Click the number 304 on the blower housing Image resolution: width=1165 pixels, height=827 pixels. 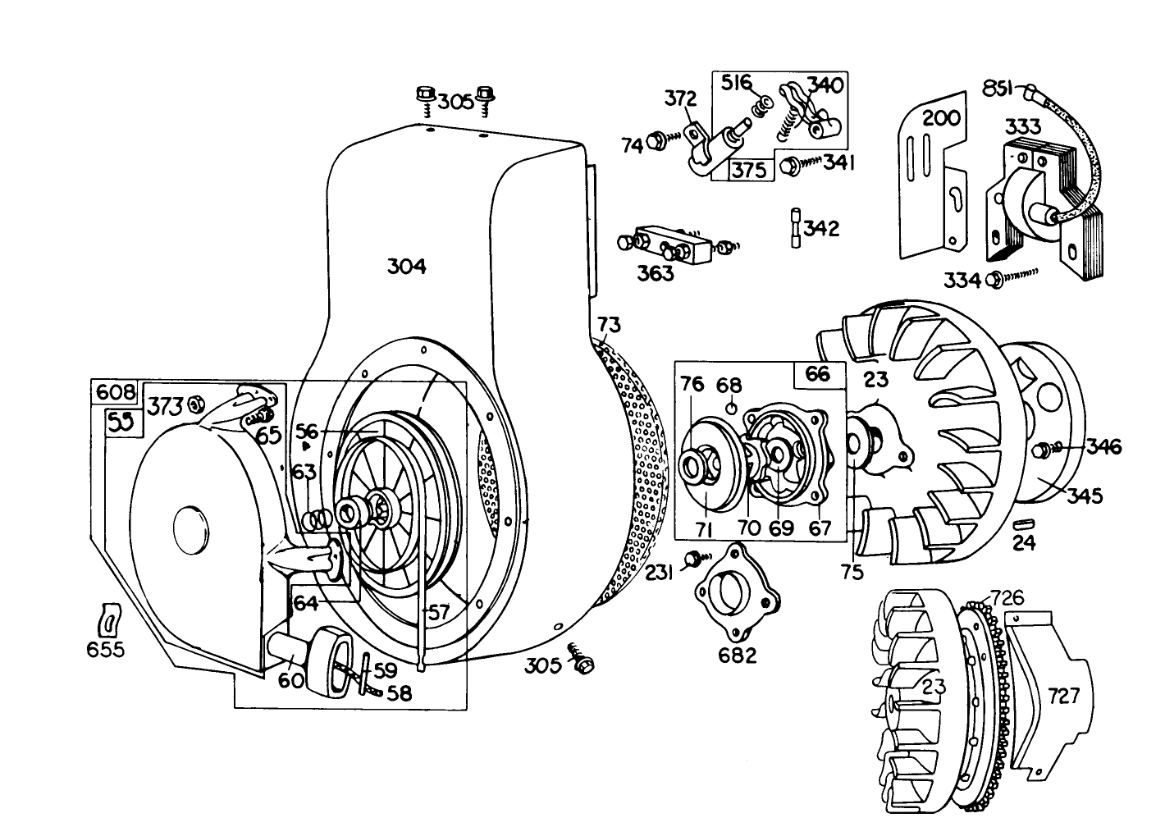point(406,267)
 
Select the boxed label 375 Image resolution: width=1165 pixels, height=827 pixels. point(749,170)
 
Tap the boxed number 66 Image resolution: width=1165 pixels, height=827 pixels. point(817,374)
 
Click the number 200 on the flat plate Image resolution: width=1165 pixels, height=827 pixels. point(941,118)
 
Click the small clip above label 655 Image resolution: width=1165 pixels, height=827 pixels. point(107,619)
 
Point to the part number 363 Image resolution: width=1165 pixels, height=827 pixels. point(655,273)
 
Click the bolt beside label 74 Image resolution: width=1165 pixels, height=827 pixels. point(657,143)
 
